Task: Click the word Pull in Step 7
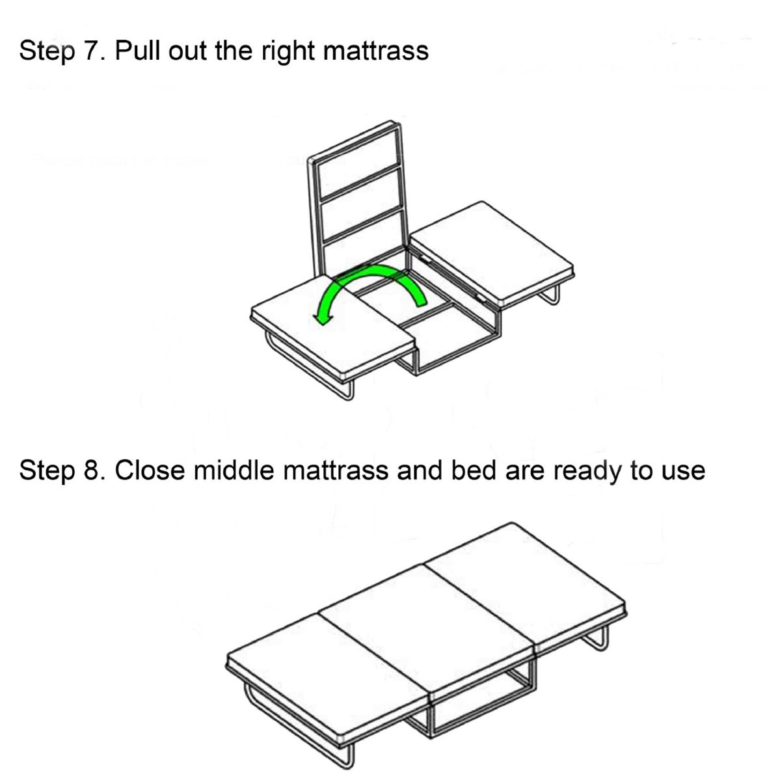(137, 51)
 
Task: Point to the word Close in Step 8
(150, 470)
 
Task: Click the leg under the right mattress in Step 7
(550, 297)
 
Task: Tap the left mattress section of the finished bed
(329, 682)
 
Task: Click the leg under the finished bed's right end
(597, 639)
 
